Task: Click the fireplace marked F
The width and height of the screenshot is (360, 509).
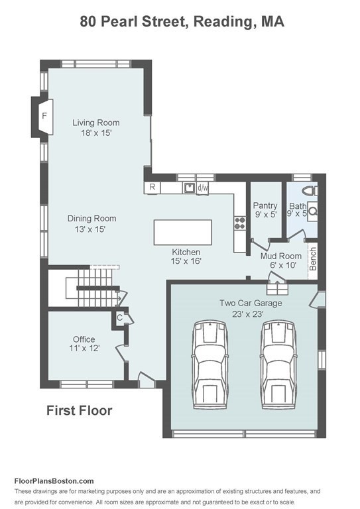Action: (46, 117)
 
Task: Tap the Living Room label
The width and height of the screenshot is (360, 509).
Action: (95, 123)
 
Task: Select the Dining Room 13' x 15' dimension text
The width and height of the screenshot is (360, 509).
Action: (90, 229)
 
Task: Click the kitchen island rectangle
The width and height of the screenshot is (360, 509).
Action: (183, 232)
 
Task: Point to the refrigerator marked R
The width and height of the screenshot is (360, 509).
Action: (152, 188)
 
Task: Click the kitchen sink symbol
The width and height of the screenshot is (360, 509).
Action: (189, 188)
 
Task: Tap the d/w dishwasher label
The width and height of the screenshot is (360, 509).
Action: (203, 188)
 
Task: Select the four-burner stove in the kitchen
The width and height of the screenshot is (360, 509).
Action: (240, 223)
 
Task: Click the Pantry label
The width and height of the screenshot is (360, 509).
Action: (265, 205)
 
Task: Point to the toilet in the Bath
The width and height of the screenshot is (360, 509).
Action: (310, 191)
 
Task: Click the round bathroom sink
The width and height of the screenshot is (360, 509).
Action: (313, 211)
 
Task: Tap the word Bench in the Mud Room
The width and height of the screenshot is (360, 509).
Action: (313, 258)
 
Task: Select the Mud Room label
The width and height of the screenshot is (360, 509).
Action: (281, 256)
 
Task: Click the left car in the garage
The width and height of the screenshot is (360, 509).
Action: (210, 365)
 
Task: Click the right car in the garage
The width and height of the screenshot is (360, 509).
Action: (278, 365)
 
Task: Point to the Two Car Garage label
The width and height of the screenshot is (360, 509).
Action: (251, 303)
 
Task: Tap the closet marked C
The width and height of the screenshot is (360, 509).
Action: (119, 317)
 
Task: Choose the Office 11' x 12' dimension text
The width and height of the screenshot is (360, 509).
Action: (84, 349)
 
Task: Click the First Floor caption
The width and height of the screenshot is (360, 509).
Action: (80, 410)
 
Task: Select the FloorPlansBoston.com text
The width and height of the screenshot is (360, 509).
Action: (54, 481)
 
